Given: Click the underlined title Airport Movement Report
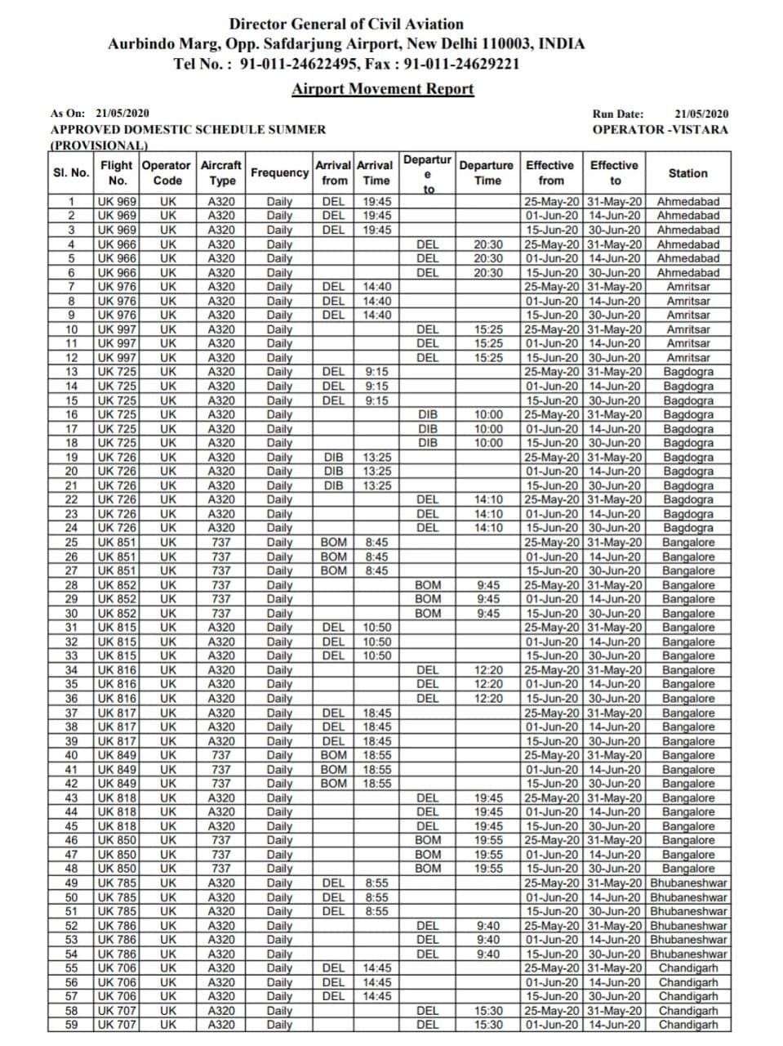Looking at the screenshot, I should point(382,89).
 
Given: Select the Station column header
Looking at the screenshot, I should point(687,173).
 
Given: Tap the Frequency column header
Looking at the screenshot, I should point(279,173).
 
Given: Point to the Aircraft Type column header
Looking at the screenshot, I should point(221,173).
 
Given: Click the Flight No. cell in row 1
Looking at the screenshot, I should point(117,202).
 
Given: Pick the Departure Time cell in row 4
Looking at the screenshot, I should point(488,244).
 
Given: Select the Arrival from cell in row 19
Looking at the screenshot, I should point(333,457).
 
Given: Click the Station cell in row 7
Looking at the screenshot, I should point(687,287).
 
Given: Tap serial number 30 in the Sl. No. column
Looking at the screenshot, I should point(71,614).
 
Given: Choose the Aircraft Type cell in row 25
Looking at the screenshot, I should point(221,543).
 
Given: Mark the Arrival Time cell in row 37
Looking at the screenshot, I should point(376,713).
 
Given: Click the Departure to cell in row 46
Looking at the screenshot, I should point(428,840).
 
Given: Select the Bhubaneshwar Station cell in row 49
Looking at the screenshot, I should point(688,883).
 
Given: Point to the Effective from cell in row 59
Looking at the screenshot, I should point(553,1025).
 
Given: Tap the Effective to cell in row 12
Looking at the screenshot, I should point(615,358).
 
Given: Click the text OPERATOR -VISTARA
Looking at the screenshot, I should point(660,129).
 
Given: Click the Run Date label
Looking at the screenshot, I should point(618,114).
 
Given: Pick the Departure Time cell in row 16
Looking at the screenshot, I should point(488,414).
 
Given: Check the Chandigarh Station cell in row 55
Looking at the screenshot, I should point(688,968).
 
